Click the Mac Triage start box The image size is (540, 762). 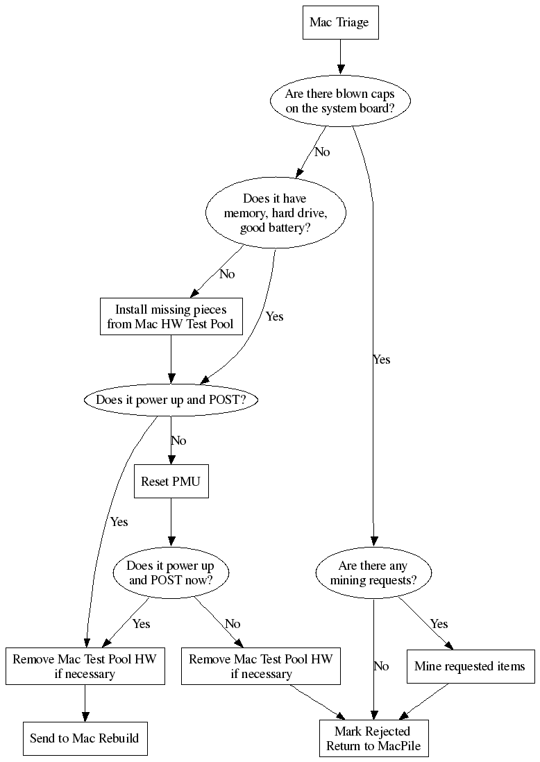pos(339,23)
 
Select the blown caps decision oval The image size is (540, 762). pos(339,101)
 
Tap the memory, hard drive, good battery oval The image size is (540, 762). pos(275,214)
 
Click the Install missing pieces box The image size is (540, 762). pos(171,316)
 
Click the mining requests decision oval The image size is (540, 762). pos(373,573)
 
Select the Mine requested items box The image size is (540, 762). pos(470,667)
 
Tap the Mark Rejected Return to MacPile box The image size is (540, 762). pos(373,738)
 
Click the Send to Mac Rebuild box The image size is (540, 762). pos(85,738)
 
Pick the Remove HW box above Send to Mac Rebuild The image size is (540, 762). pos(85,666)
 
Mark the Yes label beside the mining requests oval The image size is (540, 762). pos(439,624)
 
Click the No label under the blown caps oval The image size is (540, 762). pos(322,152)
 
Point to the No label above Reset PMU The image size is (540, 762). pos(178,441)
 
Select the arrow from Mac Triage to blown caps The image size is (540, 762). pos(339,57)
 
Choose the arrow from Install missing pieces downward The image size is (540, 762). pos(171,359)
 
